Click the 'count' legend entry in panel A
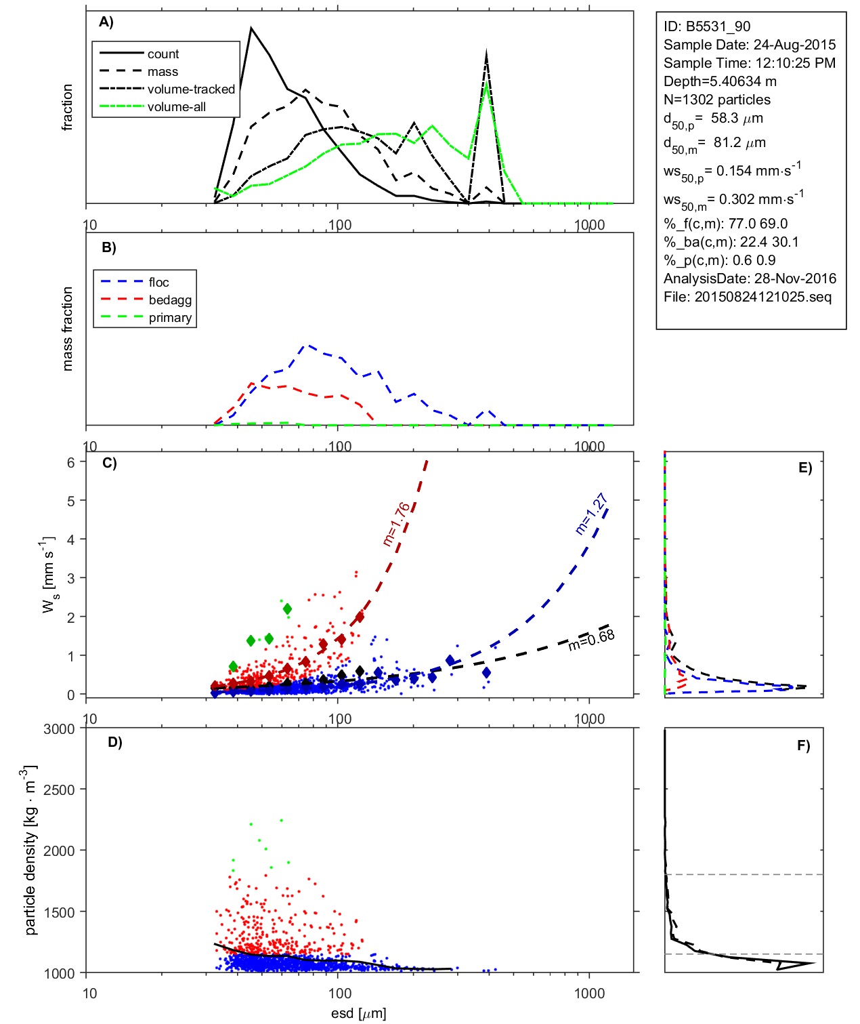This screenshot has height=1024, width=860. (x=163, y=54)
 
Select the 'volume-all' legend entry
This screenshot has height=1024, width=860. (x=177, y=107)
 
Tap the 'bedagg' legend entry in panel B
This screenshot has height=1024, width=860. (x=170, y=300)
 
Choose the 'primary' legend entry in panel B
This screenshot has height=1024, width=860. (x=170, y=318)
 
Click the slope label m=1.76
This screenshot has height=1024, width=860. (x=396, y=524)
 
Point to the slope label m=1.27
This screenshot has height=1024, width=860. (x=590, y=514)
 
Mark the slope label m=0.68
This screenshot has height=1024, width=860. (x=591, y=639)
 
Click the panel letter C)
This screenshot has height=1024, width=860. (x=109, y=464)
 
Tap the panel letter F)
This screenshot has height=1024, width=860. (x=803, y=746)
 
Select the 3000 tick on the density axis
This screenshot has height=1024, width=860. (x=59, y=729)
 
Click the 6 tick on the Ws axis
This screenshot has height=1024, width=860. (x=70, y=462)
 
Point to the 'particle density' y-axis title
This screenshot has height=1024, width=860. (x=30, y=851)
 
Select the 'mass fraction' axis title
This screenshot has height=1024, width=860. (x=67, y=329)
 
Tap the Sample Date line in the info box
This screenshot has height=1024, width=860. (x=749, y=45)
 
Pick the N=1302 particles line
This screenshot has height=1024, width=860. (x=716, y=100)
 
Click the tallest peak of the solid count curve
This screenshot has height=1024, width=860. (x=251, y=28)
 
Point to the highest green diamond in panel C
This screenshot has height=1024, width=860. (x=287, y=609)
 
